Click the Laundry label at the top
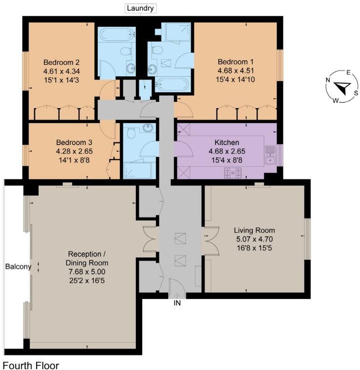point(140,8)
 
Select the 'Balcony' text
point(18,267)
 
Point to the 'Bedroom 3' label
point(74,143)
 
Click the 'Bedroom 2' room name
point(61,62)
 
